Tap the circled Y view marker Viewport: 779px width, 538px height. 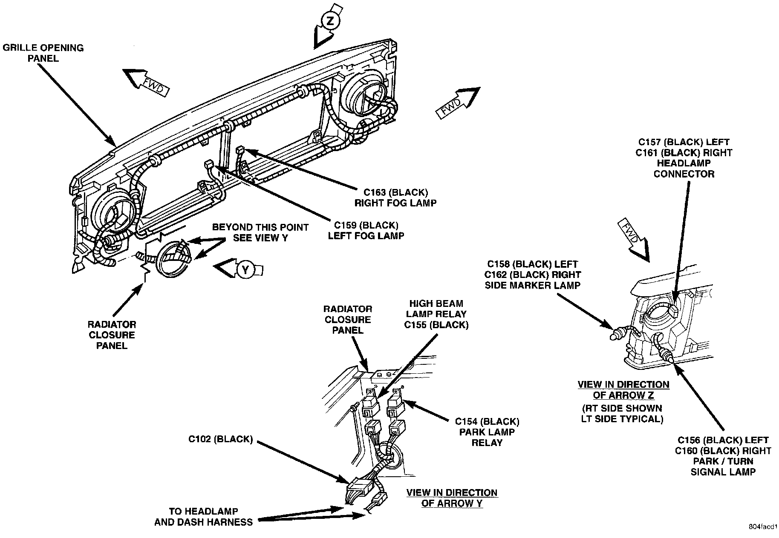coord(245,269)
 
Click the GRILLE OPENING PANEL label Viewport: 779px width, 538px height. coord(43,53)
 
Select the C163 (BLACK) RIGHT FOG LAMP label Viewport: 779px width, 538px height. coord(395,197)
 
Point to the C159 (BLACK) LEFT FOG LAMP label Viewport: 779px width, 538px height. coord(366,230)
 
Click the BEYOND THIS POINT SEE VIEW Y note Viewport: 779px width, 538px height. coord(260,232)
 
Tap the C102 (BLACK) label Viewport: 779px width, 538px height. coord(221,439)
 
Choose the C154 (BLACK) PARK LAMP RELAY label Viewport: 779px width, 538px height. coord(487,432)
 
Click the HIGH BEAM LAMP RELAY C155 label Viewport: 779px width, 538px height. coord(437,314)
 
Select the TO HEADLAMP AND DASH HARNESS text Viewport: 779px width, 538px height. coord(203,516)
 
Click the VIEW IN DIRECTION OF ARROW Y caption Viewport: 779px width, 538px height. coord(452,498)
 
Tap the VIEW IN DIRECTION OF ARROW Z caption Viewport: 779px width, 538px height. coord(623,389)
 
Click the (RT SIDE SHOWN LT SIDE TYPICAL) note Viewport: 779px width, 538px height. coord(622,413)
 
